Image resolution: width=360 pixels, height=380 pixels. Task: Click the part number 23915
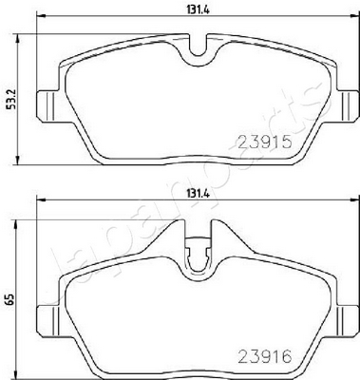coord(264,142)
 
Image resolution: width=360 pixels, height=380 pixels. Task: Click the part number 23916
coord(264,357)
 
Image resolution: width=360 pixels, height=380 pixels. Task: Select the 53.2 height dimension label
coord(11,99)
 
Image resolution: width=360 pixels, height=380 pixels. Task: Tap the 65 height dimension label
coord(11,298)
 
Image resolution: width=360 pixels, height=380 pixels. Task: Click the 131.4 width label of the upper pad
coord(199,10)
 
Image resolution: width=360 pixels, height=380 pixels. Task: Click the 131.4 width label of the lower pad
coord(199,195)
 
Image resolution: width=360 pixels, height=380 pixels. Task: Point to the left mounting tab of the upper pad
coord(48,105)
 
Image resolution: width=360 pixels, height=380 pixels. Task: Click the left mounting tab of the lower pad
coord(48,321)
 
